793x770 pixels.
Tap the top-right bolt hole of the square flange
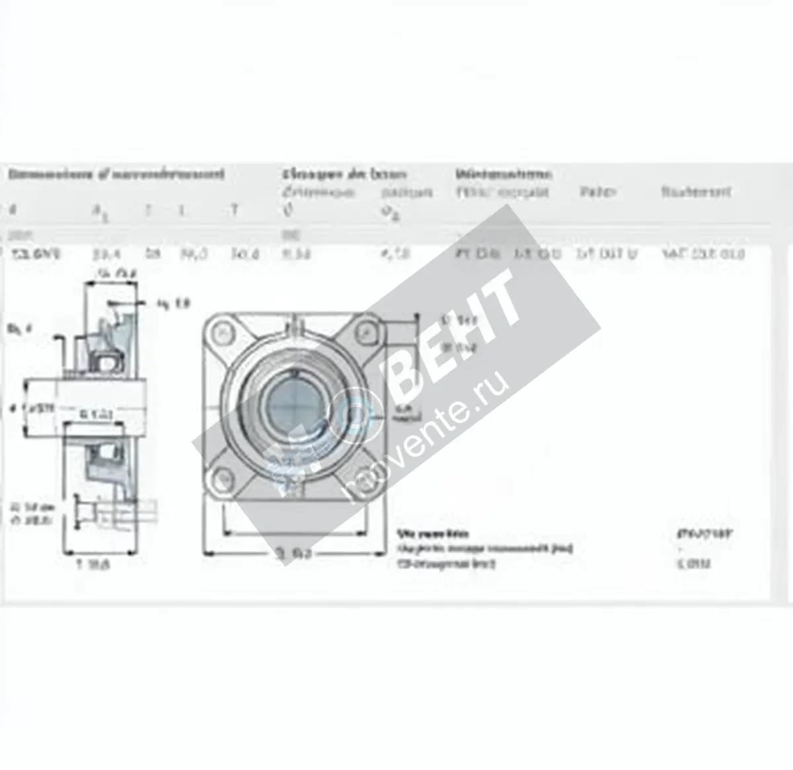363,331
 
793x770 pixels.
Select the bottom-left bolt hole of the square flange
224,477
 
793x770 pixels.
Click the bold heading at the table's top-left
116,174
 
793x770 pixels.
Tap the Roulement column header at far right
696,192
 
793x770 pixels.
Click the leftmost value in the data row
36,253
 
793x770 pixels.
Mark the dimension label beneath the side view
93,564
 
